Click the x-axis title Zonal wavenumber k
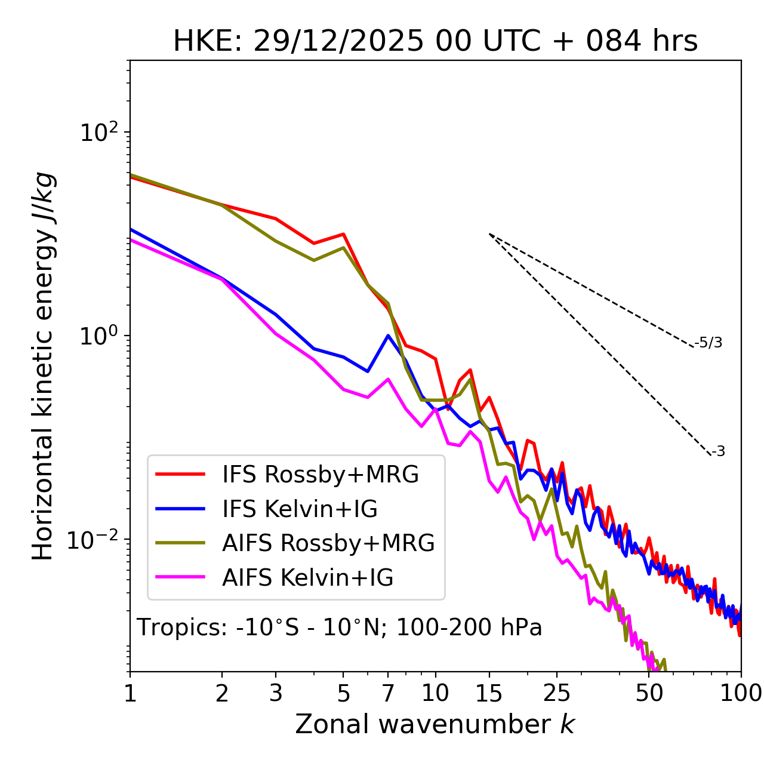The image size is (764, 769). pos(435,724)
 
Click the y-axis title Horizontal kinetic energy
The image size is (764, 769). pos(43,366)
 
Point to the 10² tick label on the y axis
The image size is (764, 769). pos(98,133)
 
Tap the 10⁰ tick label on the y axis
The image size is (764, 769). pos(98,336)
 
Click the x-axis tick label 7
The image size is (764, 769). pos(388,693)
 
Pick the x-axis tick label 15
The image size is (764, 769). pos(489,693)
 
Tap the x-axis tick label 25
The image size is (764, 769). pos(557,693)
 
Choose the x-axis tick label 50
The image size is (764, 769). pos(649,693)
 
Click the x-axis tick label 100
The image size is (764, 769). pos(741,693)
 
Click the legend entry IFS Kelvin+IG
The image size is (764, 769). pos(300,509)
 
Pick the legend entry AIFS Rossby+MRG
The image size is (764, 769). pos(328,543)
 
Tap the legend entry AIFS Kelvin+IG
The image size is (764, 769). pos(307,578)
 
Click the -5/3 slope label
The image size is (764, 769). pos(708,343)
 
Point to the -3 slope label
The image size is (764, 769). pos(718,452)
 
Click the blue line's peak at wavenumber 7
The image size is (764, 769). pos(388,336)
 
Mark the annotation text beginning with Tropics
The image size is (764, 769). pos(339,628)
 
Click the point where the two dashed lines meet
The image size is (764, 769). pos(489,234)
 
